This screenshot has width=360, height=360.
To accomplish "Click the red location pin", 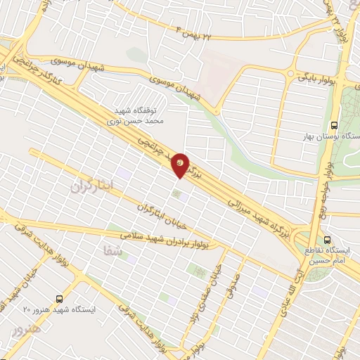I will click(x=181, y=165).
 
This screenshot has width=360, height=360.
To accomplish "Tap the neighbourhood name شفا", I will click(x=112, y=250).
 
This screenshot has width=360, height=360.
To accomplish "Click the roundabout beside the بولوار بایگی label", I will click(x=289, y=73).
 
